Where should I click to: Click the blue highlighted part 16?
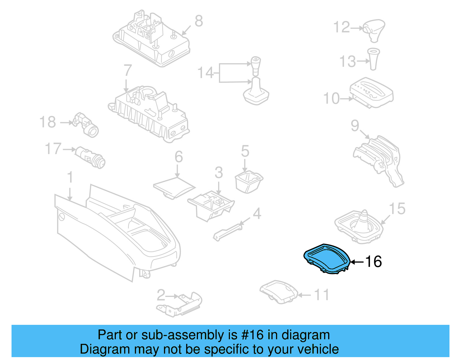[x=327, y=258]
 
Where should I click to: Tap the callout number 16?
[x=373, y=262]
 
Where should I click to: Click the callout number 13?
[x=348, y=61]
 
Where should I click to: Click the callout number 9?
[x=355, y=126]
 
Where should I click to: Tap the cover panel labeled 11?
[x=279, y=292]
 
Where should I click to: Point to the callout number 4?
[x=257, y=214]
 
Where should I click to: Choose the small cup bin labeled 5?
[x=248, y=181]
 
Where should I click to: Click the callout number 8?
[x=199, y=21]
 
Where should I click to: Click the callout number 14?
[x=206, y=73]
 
